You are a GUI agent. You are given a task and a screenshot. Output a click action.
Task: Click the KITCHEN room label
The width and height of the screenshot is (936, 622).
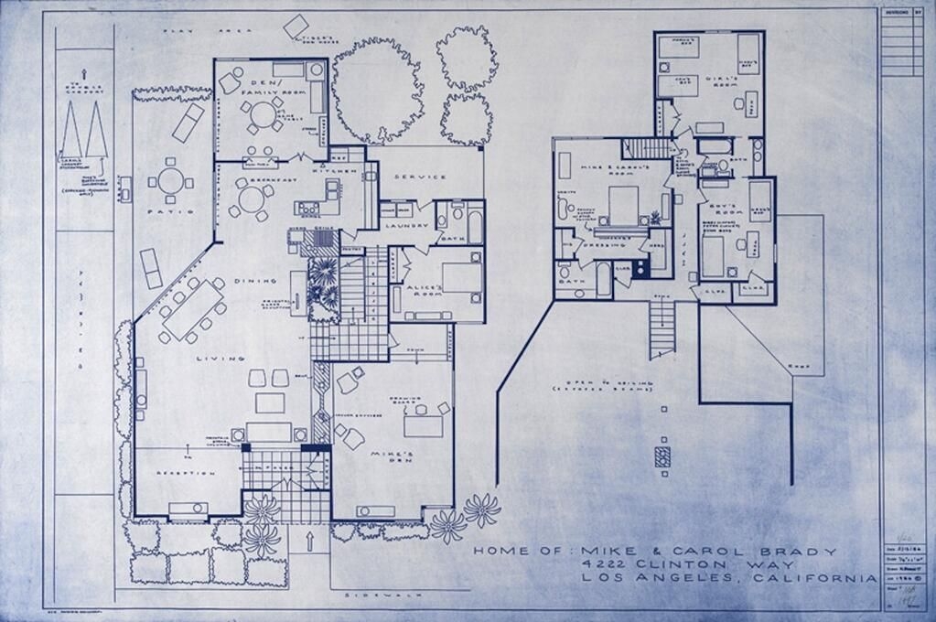[328, 171]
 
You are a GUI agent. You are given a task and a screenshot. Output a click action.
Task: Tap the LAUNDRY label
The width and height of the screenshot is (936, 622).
[402, 225]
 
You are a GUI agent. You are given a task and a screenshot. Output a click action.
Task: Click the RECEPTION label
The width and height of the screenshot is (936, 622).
[186, 473]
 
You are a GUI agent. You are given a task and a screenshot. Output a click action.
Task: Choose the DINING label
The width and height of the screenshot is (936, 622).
[250, 281]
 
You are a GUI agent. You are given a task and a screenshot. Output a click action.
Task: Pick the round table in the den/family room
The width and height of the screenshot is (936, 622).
[264, 114]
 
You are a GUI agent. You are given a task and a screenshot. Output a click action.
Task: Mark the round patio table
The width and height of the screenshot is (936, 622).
[170, 180]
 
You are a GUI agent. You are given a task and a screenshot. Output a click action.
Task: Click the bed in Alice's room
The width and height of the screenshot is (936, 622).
[461, 277]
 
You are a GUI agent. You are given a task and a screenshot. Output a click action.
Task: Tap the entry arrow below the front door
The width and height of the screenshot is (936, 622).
[309, 542]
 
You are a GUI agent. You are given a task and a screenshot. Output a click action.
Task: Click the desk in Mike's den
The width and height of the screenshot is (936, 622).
[423, 425]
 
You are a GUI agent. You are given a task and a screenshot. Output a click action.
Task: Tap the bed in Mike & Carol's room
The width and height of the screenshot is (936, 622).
[623, 206]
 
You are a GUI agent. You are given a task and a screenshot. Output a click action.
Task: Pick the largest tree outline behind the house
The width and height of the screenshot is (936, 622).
[376, 90]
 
